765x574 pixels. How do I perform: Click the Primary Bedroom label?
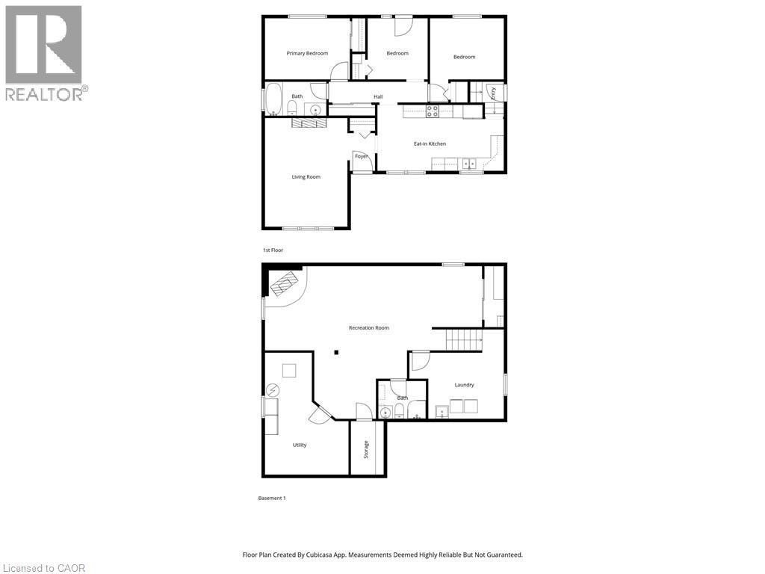coord(308,53)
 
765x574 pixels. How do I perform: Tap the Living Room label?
coord(306,177)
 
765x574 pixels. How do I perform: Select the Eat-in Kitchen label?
coord(430,143)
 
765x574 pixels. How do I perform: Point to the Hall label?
coord(378,96)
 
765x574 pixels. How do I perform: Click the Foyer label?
coord(361,156)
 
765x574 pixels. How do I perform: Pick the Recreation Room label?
coord(368,328)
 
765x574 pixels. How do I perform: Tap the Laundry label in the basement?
coord(464,385)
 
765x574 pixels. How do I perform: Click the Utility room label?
coord(299,445)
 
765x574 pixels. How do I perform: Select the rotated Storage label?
coord(366,449)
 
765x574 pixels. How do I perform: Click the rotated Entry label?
coord(493,92)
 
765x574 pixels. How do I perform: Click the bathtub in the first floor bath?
coord(273,98)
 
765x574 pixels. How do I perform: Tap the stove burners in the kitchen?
coord(433,111)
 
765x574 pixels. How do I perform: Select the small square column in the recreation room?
coord(337,353)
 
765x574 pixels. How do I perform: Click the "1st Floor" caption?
coord(273,250)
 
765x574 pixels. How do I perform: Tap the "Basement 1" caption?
coord(272,498)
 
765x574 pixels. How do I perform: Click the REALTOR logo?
coord(44,53)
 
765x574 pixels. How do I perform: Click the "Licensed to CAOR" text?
coord(43,568)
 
